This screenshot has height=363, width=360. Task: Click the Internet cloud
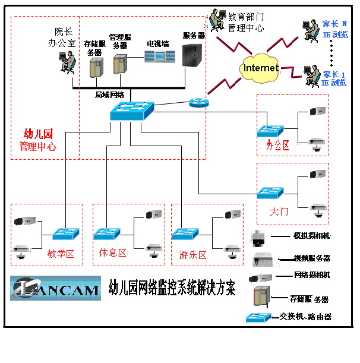pos(260,68)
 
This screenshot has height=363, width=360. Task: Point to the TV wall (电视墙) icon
pos(161,57)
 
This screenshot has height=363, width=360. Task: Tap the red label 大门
pos(279,211)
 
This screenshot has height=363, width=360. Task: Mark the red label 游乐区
pos(192,255)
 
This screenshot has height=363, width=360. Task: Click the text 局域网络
pos(109,94)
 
